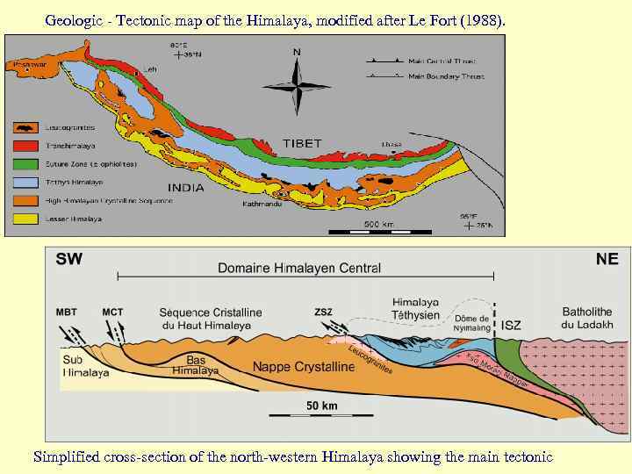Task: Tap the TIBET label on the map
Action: point(302,143)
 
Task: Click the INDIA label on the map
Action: point(185,187)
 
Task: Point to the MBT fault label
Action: point(66,312)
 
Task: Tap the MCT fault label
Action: point(113,312)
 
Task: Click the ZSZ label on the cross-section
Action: point(324,312)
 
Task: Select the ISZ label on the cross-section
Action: point(511,325)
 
